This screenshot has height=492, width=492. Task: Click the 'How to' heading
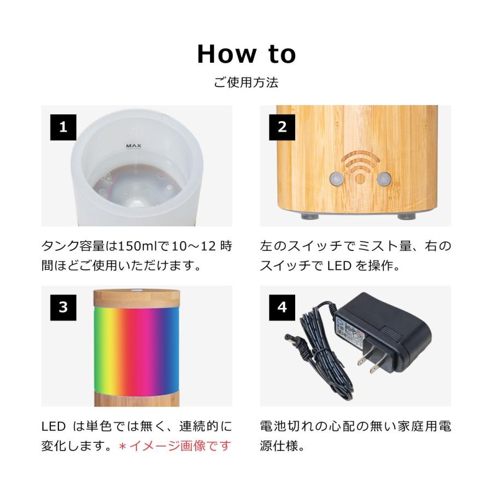tap(246, 54)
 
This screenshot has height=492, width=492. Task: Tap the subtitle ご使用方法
tap(246, 83)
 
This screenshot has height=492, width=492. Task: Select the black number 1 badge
tap(63, 127)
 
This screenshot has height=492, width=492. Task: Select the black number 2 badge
tap(282, 127)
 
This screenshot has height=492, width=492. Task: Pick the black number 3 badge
tap(63, 307)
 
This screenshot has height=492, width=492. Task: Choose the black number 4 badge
tap(282, 307)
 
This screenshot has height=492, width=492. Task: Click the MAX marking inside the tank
tap(134, 146)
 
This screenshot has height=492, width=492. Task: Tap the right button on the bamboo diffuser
tap(384, 178)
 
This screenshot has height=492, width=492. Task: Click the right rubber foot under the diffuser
tap(406, 216)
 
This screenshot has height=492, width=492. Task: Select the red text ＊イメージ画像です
tap(175, 446)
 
